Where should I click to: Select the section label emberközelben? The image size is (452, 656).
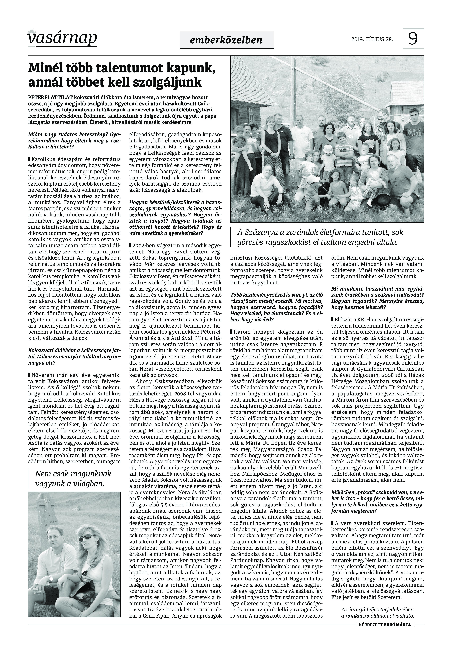tap(227, 40)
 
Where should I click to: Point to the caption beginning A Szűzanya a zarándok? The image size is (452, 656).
tap(319, 237)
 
